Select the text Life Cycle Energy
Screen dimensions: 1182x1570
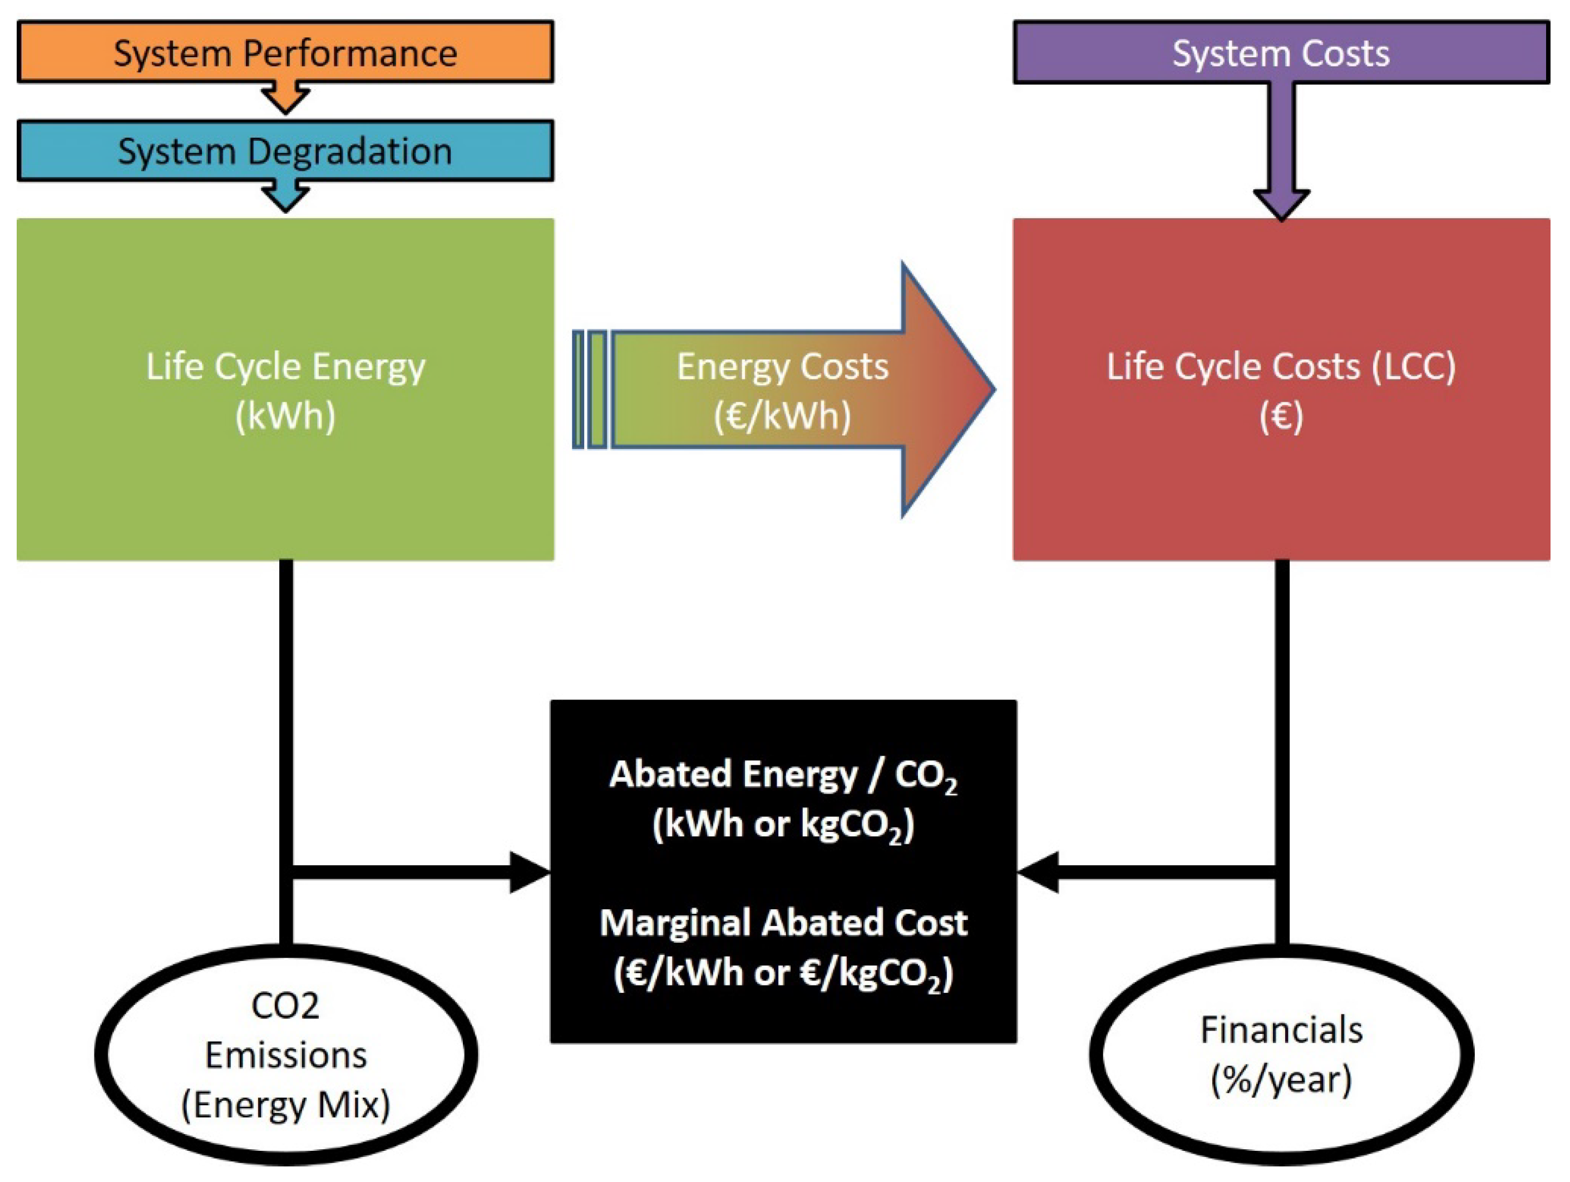pyautogui.click(x=285, y=367)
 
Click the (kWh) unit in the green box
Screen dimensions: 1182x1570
pyautogui.click(x=285, y=415)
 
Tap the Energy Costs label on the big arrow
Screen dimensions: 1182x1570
pyautogui.click(x=782, y=367)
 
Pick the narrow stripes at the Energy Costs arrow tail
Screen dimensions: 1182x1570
pyautogui.click(x=590, y=389)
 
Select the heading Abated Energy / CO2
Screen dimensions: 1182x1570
pyautogui.click(x=782, y=775)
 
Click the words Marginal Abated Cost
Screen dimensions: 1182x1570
pyautogui.click(x=782, y=923)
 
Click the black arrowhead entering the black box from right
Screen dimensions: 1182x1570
pyautogui.click(x=1038, y=872)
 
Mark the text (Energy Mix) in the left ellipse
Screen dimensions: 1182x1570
pyautogui.click(x=285, y=1105)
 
